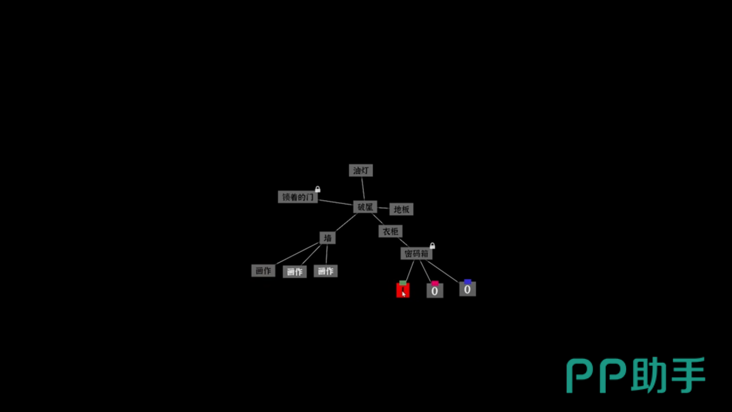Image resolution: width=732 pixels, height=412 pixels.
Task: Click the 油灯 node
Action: pos(361,171)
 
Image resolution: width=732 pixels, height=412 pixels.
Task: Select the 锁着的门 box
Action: pos(297,197)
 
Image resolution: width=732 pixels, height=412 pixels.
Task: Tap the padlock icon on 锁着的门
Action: pos(318,189)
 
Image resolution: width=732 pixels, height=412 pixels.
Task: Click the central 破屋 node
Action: pos(365,207)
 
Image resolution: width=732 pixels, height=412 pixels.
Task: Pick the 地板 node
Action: pos(401,209)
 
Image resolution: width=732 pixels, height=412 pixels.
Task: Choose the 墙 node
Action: pos(327,237)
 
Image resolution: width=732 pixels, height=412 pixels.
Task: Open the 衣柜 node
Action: pos(391,231)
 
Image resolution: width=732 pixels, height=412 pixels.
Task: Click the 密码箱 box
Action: pos(416,253)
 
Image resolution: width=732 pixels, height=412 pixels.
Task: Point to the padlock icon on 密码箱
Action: pos(432,246)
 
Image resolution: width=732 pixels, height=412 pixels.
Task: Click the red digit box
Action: pos(403,291)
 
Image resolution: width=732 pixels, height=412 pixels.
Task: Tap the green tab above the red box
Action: pos(403,283)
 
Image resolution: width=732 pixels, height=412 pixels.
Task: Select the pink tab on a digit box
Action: pos(435,283)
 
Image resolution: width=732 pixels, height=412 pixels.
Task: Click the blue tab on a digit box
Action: pos(467,282)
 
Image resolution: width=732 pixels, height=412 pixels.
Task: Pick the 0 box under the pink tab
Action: pos(435,291)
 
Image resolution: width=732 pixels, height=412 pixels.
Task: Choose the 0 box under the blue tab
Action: pos(467,290)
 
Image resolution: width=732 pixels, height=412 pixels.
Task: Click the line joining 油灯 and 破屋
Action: pos(363,188)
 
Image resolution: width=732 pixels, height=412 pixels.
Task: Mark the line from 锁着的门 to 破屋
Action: pos(335,202)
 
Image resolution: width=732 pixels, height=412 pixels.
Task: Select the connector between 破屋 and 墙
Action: pos(345,223)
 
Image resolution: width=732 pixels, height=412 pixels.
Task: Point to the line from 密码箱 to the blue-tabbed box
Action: pos(443,271)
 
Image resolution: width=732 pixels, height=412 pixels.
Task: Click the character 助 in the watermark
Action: pos(650,376)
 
